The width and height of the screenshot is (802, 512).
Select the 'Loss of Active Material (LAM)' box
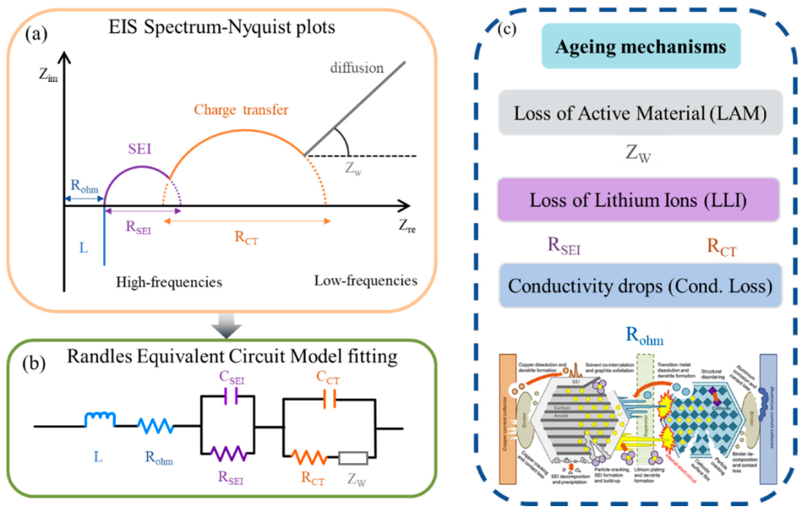click(x=639, y=112)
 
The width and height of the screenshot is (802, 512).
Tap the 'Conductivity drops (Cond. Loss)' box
click(x=639, y=284)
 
